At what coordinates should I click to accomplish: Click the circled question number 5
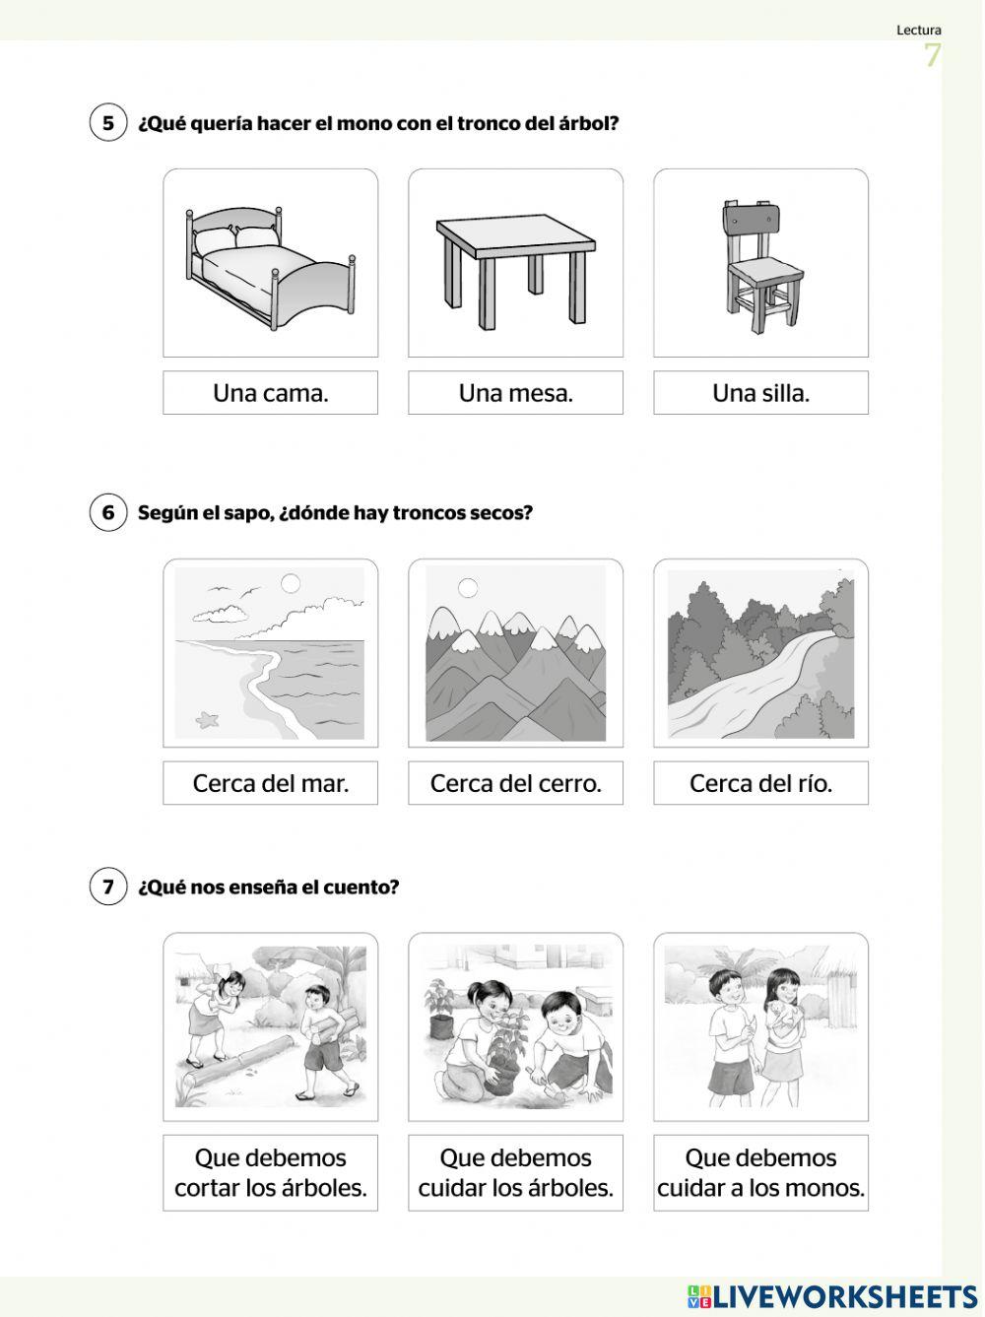108,123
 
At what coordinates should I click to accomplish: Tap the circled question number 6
108,512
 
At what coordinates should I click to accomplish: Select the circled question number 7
108,887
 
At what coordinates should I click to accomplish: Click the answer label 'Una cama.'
270,393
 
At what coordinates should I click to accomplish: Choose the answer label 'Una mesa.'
515,393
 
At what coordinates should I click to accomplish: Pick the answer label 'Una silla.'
760,393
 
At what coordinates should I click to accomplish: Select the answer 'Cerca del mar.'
270,783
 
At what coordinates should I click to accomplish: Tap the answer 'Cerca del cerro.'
515,783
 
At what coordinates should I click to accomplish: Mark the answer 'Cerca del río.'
760,783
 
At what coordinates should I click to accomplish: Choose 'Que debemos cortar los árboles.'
270,1172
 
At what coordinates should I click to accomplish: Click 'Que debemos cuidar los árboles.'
515,1172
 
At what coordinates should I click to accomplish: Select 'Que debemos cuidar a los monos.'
760,1172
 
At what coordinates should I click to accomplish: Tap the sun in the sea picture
290,583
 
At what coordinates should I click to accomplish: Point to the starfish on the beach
207,720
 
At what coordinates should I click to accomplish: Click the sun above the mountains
468,588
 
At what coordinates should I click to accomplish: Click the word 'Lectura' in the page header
918,31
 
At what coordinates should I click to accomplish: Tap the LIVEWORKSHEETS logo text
843,1294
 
